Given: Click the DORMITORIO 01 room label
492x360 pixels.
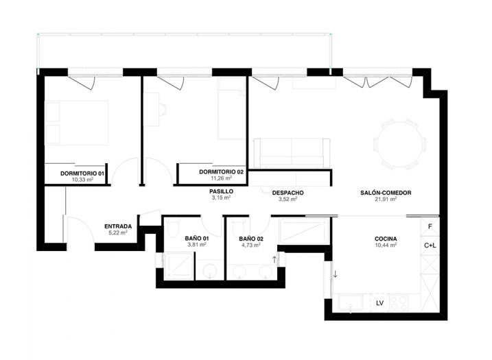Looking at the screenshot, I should (x=82, y=173).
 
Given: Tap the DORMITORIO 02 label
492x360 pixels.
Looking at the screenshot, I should (x=221, y=171).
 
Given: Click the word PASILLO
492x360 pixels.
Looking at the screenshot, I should (x=221, y=191).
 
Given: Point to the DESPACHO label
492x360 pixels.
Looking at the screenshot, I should (x=288, y=193).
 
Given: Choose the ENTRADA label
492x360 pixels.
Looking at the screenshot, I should (x=118, y=226).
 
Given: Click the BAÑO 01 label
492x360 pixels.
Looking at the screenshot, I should (x=198, y=238).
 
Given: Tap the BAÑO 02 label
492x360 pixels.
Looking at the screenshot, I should (x=252, y=238).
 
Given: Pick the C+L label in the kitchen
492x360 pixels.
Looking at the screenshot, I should (x=430, y=245).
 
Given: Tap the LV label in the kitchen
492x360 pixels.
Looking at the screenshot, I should (x=379, y=302).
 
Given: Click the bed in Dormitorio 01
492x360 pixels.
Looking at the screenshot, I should (x=76, y=123).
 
